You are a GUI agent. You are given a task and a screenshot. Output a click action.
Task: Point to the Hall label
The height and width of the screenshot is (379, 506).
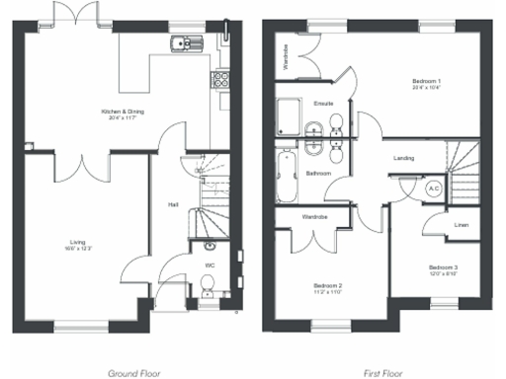pos(173,204)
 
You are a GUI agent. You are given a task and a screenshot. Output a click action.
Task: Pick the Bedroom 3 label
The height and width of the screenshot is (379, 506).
pos(443,267)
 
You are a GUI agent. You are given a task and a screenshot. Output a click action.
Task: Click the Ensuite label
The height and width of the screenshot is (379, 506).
pos(323,103)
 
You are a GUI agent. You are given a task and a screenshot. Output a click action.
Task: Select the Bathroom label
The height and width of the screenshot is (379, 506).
pos(317,173)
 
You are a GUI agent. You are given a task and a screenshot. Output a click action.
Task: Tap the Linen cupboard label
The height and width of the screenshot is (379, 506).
pos(461,225)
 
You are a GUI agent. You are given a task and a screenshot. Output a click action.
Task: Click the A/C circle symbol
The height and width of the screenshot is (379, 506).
pos(433,187)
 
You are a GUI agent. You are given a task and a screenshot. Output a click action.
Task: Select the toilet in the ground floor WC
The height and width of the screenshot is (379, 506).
pos(208,286)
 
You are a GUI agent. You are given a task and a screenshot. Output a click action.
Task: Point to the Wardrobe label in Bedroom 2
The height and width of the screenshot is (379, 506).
pos(314,214)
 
